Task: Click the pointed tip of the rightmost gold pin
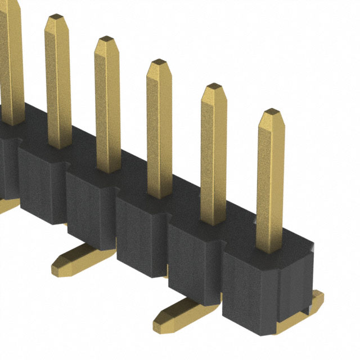272,112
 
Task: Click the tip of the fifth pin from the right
56,18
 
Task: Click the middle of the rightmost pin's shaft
271,180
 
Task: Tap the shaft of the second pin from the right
213,157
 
